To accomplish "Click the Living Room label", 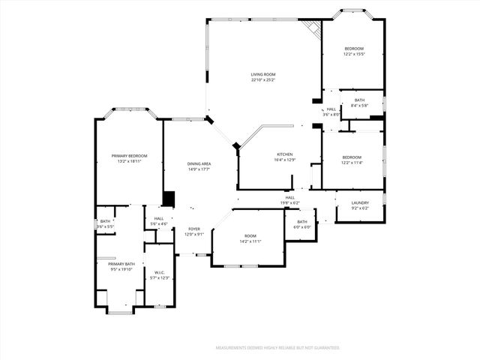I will (263, 74).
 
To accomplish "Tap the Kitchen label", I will (263, 154).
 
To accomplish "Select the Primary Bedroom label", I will (129, 155).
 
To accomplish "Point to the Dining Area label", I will (199, 163).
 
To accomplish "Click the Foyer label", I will (193, 229).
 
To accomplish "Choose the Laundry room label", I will (361, 202).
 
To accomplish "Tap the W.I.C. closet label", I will (159, 272).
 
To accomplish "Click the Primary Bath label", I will (121, 264).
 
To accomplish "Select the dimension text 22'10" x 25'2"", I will (263, 80).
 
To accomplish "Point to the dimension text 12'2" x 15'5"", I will (353, 54).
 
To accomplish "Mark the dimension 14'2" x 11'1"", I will (250, 241).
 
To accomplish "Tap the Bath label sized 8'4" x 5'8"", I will (360, 100).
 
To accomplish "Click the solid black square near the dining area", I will (169, 199).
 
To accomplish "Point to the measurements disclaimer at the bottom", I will (277, 348).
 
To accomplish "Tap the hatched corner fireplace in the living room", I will (312, 28).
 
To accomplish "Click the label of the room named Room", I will (250, 235).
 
